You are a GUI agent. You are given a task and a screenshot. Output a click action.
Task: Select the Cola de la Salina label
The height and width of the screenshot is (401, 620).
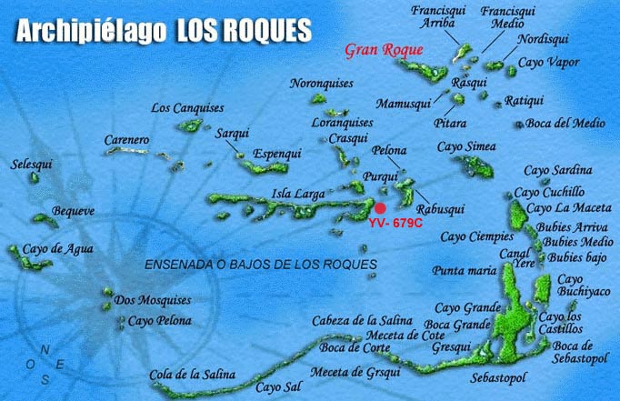click(x=192, y=375)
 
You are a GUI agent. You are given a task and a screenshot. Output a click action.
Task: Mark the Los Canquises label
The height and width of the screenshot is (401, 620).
click(x=186, y=108)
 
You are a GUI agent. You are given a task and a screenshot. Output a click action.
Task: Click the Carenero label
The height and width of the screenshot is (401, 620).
click(x=125, y=139)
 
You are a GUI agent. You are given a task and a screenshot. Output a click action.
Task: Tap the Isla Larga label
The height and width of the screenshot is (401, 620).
click(x=295, y=192)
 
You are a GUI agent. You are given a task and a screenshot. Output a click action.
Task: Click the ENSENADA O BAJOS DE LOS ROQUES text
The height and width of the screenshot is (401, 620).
click(x=261, y=265)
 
